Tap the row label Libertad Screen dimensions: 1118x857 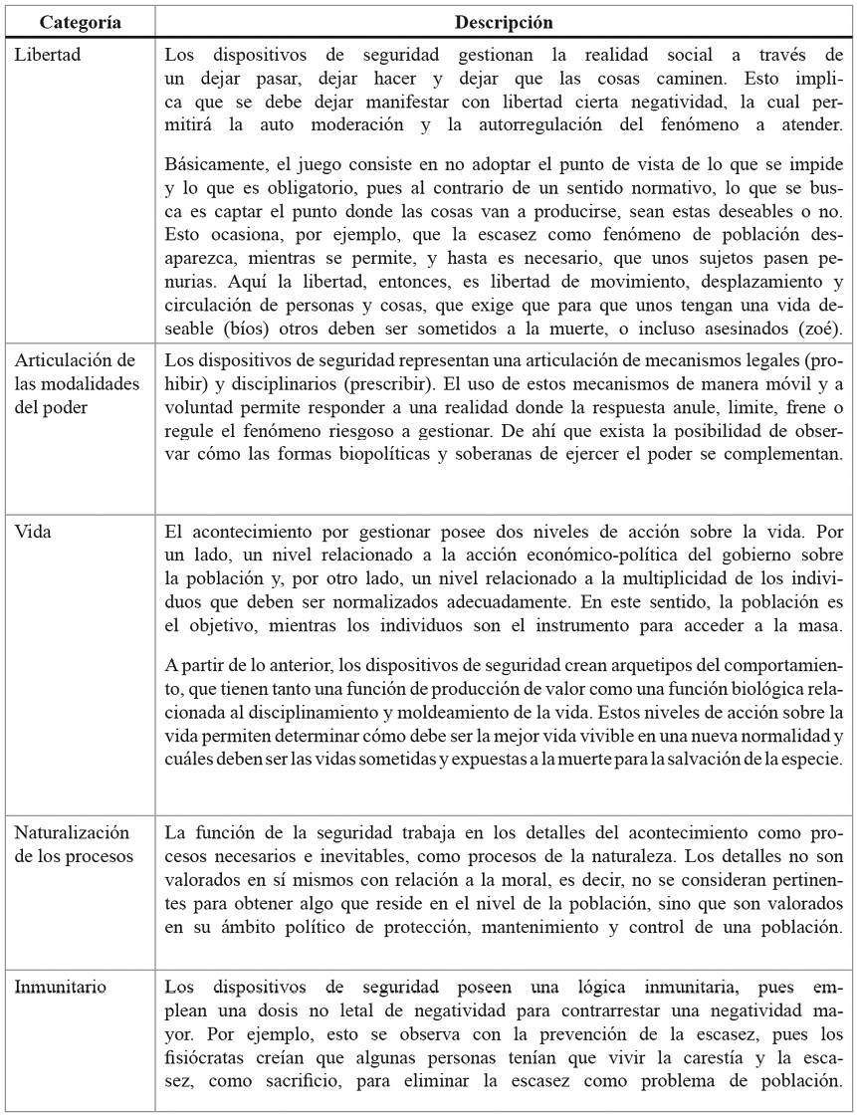click(x=48, y=54)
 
